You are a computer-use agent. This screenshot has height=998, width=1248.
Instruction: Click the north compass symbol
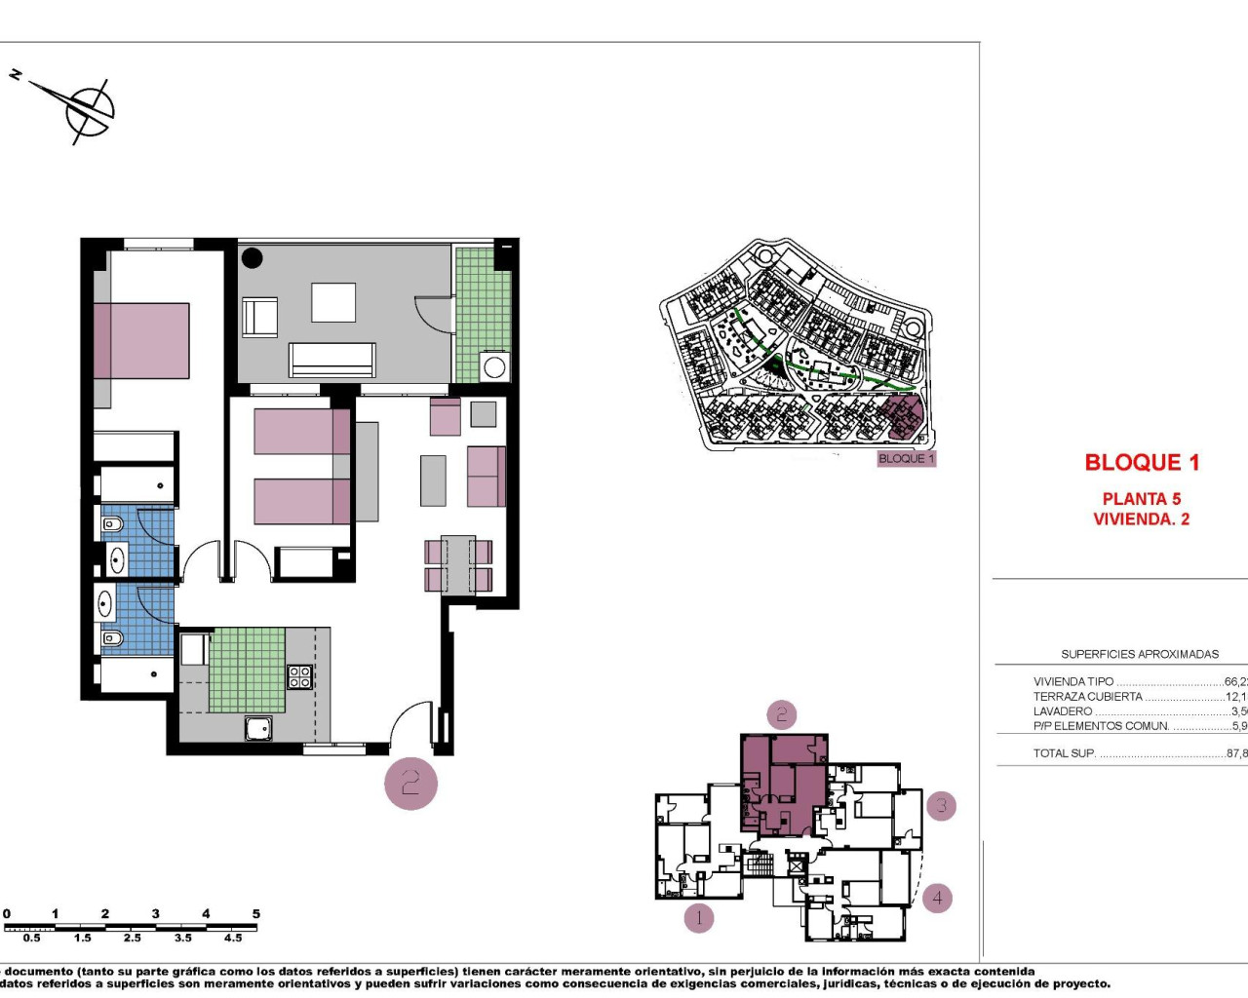click(x=88, y=109)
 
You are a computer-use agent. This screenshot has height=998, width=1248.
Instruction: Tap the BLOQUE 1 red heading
click(x=1142, y=463)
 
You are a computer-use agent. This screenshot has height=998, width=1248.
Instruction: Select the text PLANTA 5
click(x=1142, y=499)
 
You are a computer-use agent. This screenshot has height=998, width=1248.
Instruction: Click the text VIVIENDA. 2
click(x=1142, y=519)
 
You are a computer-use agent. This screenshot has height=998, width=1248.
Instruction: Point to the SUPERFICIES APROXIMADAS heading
click(x=1139, y=654)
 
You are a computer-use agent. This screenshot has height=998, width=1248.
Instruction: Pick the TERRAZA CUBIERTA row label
click(x=1087, y=697)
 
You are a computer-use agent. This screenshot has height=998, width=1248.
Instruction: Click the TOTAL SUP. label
click(x=1064, y=753)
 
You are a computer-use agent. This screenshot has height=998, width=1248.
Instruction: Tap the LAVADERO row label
click(x=1063, y=711)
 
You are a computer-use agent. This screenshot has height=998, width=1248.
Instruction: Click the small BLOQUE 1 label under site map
click(x=906, y=458)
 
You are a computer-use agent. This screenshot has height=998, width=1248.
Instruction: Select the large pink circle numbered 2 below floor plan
click(x=410, y=783)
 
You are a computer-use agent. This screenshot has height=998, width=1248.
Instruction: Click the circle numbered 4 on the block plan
click(x=937, y=898)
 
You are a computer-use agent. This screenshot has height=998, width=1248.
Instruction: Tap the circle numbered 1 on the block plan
click(x=698, y=917)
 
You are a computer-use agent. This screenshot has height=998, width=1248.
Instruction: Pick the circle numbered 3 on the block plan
click(x=941, y=806)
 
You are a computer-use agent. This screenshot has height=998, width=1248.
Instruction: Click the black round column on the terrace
click(x=253, y=258)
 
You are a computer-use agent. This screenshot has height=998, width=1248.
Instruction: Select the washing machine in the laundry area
click(x=494, y=367)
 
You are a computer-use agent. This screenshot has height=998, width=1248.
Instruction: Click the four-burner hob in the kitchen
click(x=299, y=676)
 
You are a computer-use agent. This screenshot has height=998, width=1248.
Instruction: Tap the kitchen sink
click(x=258, y=727)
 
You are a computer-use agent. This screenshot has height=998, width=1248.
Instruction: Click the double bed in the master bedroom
click(x=142, y=340)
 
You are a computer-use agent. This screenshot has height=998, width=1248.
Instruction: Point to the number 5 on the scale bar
click(x=256, y=914)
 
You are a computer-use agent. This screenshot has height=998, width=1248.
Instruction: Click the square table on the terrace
click(x=333, y=302)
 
